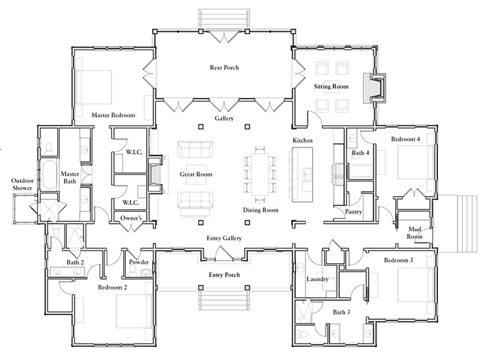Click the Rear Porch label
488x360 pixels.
click(x=224, y=68)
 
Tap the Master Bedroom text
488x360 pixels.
click(x=113, y=115)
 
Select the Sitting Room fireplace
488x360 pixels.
click(x=375, y=89)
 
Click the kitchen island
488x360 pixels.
click(x=302, y=175)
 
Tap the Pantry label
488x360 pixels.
click(x=354, y=211)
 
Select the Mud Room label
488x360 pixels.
click(x=414, y=233)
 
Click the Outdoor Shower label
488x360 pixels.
click(x=22, y=184)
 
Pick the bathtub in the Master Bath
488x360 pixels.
click(x=49, y=175)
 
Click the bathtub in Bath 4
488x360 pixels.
click(x=361, y=172)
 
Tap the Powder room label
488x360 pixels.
click(x=139, y=262)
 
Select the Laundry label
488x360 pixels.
click(x=317, y=279)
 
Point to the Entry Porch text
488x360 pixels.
click(x=224, y=275)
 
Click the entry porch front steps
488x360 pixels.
click(x=224, y=300)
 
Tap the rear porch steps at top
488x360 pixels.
click(x=224, y=19)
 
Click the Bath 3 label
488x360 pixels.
click(x=341, y=312)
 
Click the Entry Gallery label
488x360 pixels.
click(x=224, y=238)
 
